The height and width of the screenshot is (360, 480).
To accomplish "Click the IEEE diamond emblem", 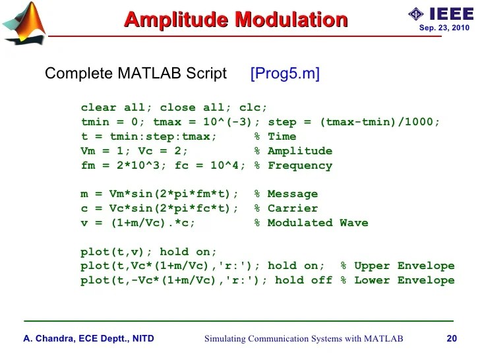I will click(415, 14).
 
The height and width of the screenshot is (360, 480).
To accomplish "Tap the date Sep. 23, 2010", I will click(444, 28).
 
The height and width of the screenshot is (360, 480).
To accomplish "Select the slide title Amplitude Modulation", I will click(235, 20).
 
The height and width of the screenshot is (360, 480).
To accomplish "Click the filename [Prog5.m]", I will click(285, 74).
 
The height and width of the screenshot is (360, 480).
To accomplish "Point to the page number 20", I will click(452, 339).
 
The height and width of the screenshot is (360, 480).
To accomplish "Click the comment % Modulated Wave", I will click(311, 223).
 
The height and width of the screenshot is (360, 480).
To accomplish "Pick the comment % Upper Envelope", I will click(398, 266).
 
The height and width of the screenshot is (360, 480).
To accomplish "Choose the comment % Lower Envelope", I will click(398, 280).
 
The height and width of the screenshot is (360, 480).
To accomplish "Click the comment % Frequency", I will click(293, 165).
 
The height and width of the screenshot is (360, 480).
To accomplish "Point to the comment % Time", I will click(276, 136).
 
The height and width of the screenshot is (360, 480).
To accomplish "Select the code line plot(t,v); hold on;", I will click(148, 252).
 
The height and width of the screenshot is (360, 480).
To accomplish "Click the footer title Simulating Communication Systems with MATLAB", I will click(303, 339).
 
